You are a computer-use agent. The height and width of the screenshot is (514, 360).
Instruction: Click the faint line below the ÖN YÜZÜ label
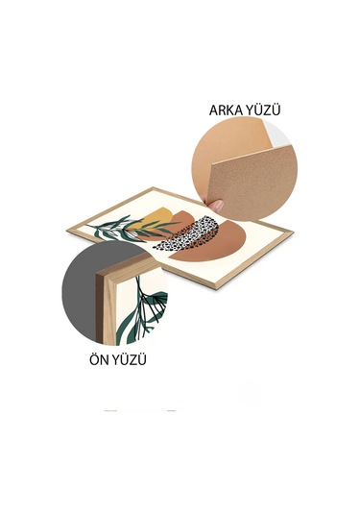coord(140,410)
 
